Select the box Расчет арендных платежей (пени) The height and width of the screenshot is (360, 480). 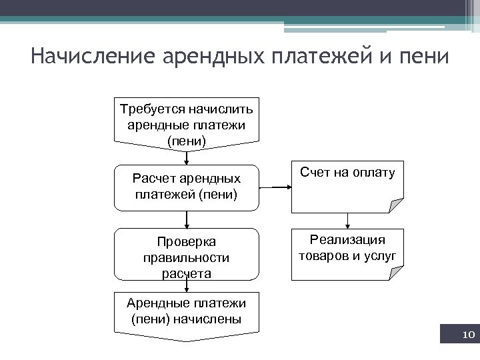187,187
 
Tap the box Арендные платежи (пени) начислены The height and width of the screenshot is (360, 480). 187,313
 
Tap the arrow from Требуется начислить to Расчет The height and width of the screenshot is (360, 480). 187,158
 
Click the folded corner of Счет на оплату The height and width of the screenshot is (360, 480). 397,205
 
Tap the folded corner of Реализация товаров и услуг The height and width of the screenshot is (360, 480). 397,271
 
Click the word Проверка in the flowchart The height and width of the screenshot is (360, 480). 187,241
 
